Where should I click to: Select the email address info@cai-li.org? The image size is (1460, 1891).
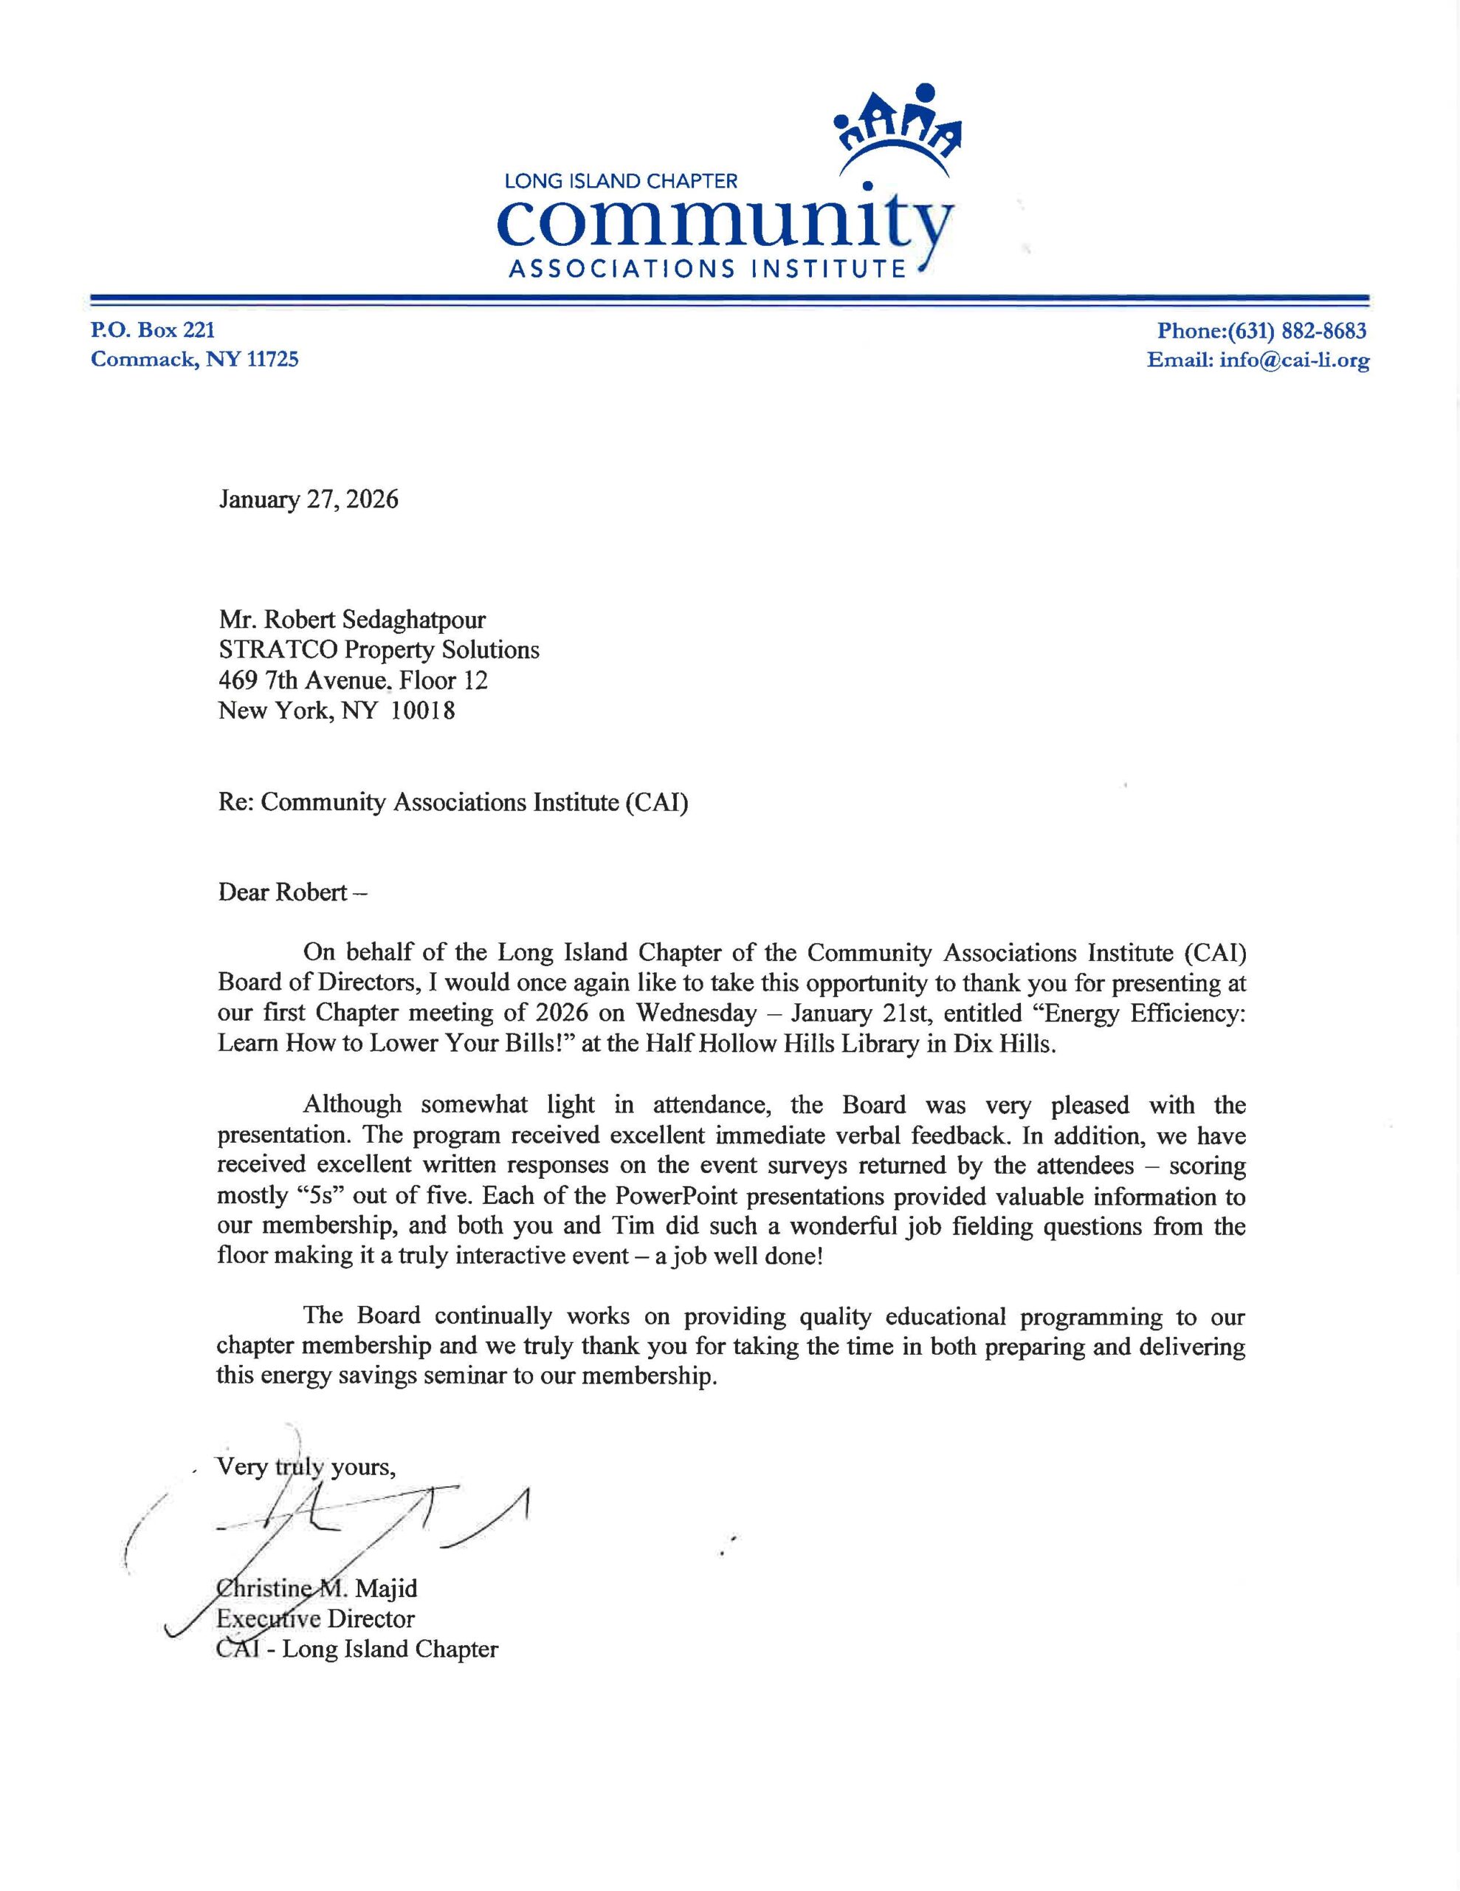[1294, 360]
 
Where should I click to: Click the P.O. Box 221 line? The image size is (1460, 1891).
[154, 330]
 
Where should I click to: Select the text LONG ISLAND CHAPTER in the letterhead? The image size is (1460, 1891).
[621, 181]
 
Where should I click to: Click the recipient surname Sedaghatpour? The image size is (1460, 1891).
[412, 619]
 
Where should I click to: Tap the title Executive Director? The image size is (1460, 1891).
[316, 1618]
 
